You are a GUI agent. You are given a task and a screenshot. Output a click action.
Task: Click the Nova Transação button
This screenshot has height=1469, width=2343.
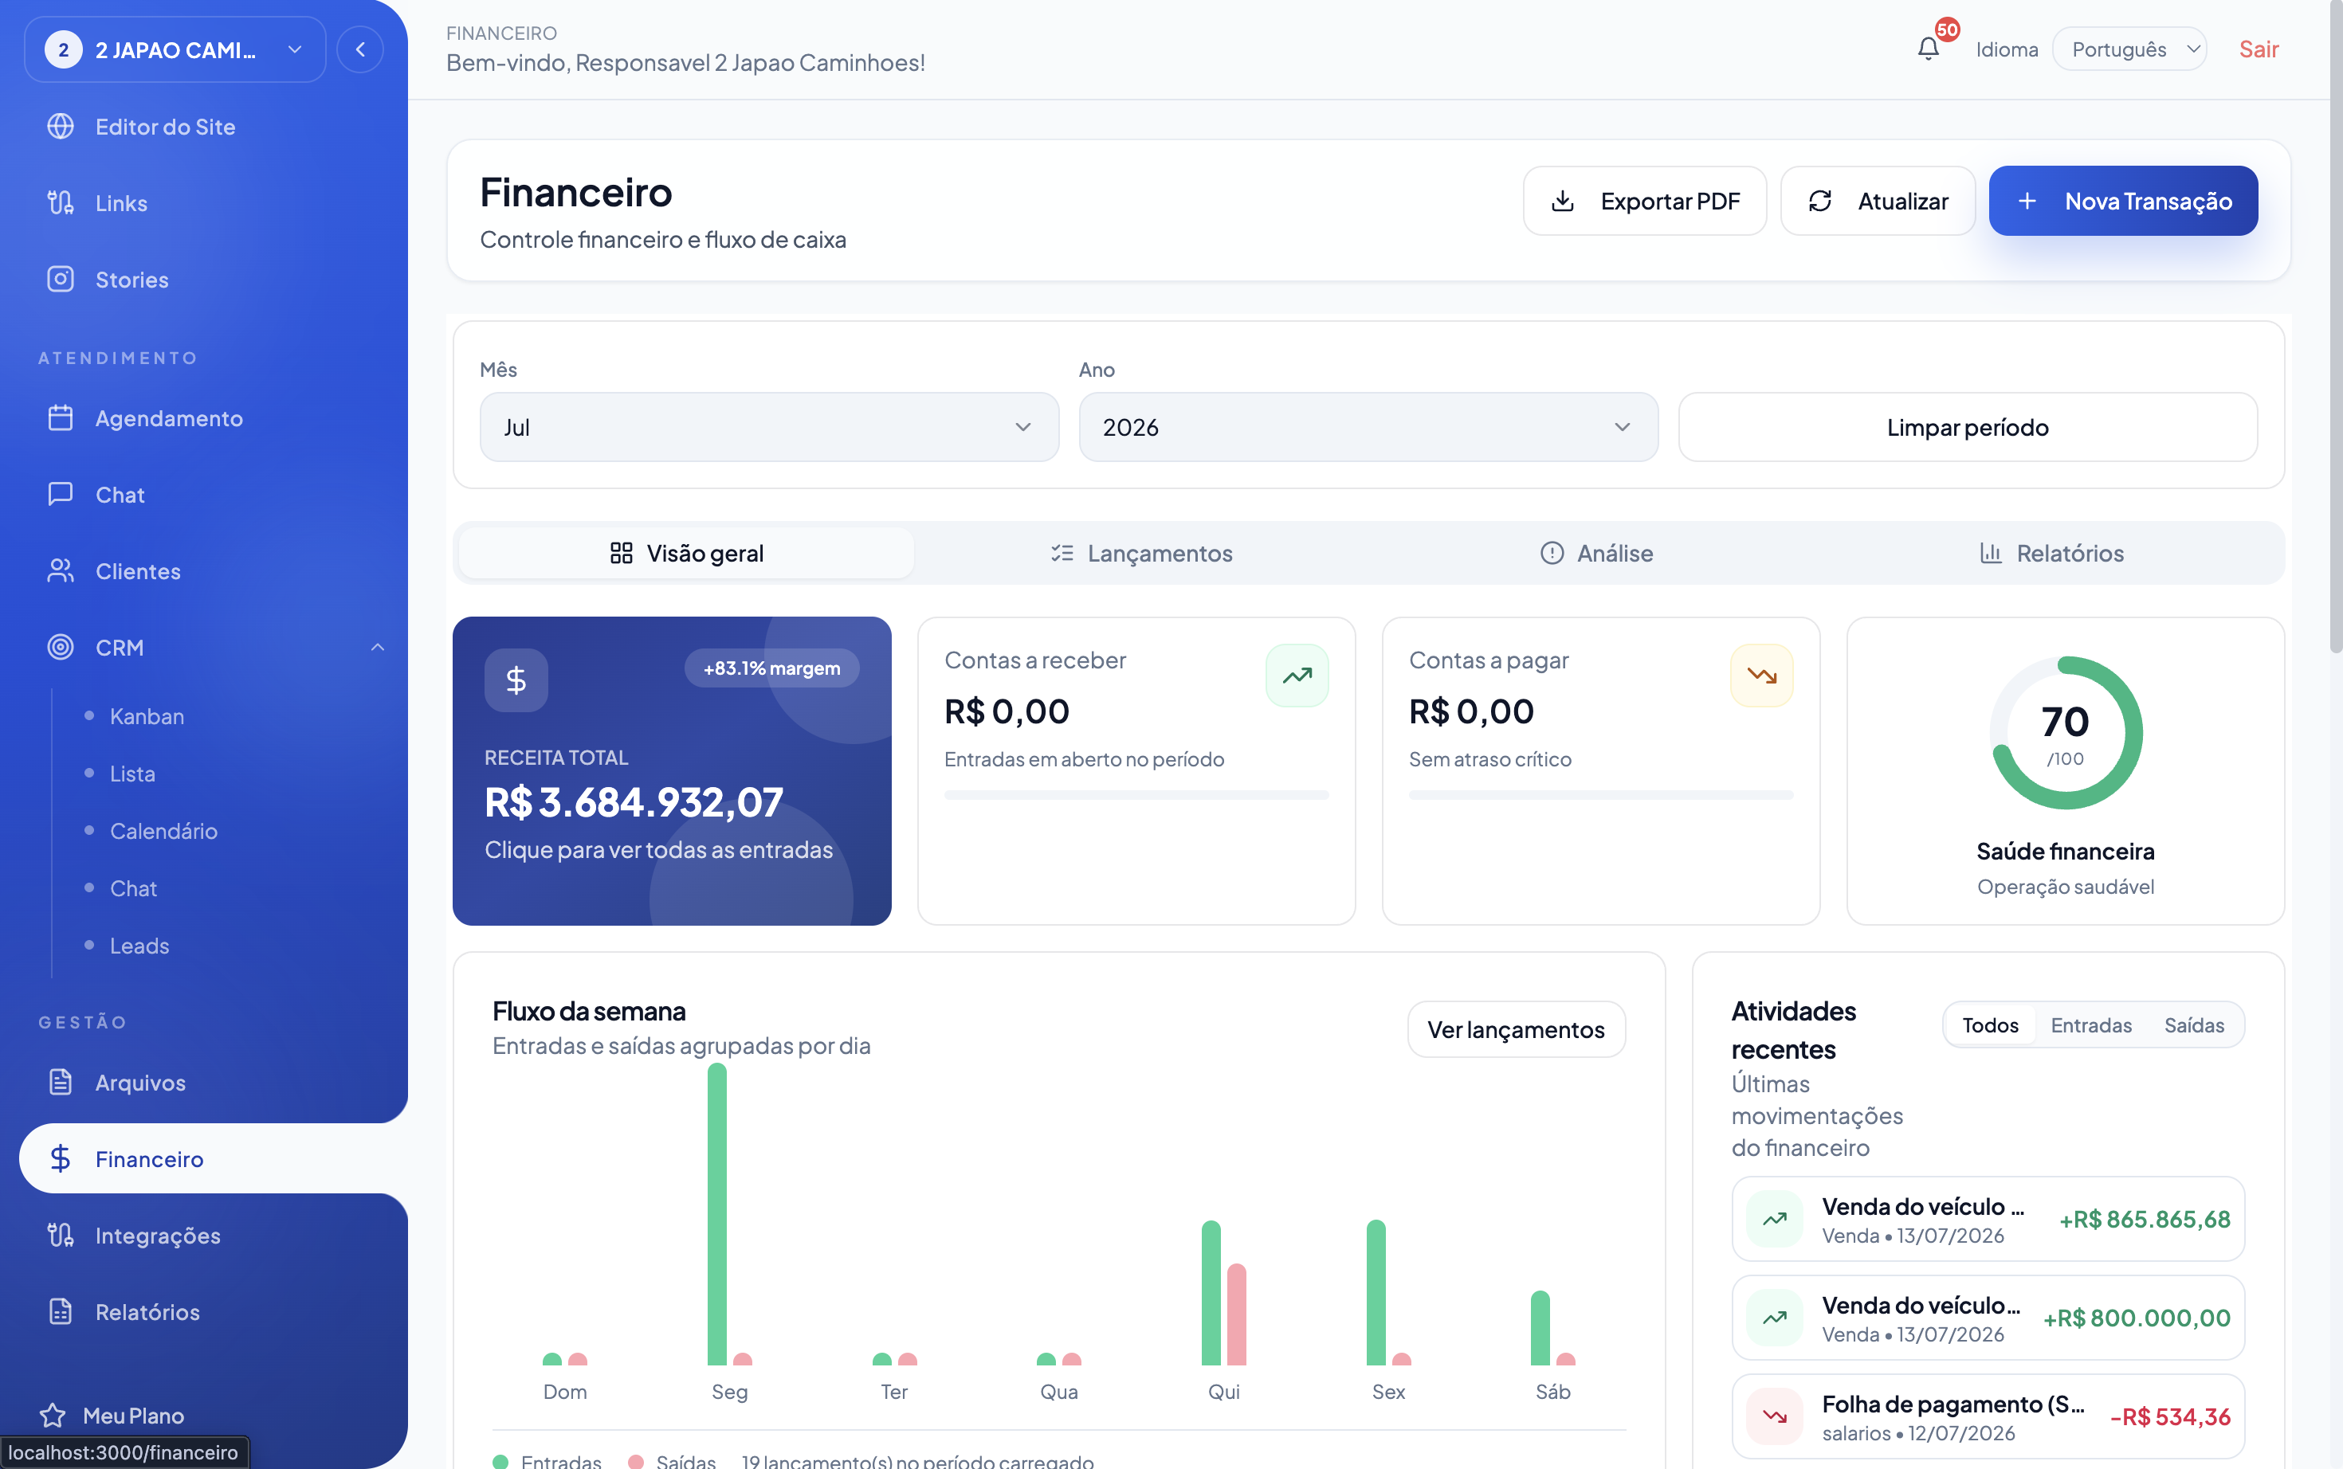(2122, 201)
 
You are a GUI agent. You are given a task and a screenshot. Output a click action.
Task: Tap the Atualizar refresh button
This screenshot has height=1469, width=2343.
(1877, 201)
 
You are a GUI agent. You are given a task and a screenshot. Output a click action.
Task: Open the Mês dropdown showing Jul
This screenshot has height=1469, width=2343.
(769, 428)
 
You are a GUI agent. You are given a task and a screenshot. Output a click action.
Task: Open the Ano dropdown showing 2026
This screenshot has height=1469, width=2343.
(1368, 428)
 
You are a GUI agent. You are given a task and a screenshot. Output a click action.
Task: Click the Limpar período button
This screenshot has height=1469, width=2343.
(1967, 428)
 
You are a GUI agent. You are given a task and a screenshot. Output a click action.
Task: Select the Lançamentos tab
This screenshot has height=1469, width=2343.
(1141, 553)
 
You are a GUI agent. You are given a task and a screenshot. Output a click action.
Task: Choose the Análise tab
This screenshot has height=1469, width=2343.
(1595, 553)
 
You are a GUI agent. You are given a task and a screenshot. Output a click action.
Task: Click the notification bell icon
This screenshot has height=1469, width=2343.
(1928, 49)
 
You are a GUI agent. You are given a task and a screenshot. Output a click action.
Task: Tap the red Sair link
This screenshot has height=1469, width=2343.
(2259, 49)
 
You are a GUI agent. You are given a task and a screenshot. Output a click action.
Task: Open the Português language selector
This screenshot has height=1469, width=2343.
(2129, 49)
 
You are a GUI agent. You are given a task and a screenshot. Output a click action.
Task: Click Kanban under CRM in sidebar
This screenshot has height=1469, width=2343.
(147, 716)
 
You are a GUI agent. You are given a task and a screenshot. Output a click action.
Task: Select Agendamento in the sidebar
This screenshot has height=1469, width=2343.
(169, 419)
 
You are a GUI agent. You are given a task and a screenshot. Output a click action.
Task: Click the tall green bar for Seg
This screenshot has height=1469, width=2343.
(717, 1213)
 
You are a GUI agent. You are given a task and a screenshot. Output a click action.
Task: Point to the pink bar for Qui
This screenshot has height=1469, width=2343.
(1236, 1314)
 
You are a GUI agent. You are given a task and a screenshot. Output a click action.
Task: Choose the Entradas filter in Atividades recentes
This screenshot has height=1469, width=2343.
(2090, 1025)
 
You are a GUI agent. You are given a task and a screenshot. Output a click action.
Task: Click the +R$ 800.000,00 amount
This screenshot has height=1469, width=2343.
(2136, 1318)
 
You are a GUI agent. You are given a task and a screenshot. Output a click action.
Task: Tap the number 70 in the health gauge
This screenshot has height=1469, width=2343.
(2065, 722)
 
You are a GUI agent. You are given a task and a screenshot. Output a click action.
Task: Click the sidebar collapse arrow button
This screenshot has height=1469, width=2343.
(360, 49)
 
